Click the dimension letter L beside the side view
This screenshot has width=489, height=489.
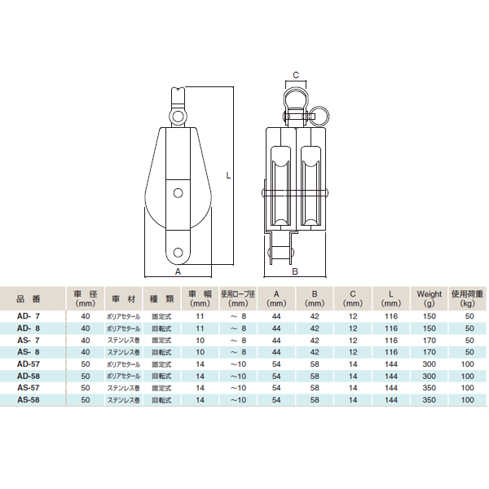click(228, 175)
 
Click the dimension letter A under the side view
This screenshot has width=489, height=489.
click(178, 271)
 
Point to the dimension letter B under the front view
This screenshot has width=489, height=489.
click(295, 271)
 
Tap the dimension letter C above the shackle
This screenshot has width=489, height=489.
click(296, 75)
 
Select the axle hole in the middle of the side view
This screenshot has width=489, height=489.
click(178, 193)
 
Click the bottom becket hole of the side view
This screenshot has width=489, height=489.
click(178, 253)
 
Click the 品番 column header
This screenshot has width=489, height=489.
click(29, 299)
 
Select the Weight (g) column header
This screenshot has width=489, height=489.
click(430, 298)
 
